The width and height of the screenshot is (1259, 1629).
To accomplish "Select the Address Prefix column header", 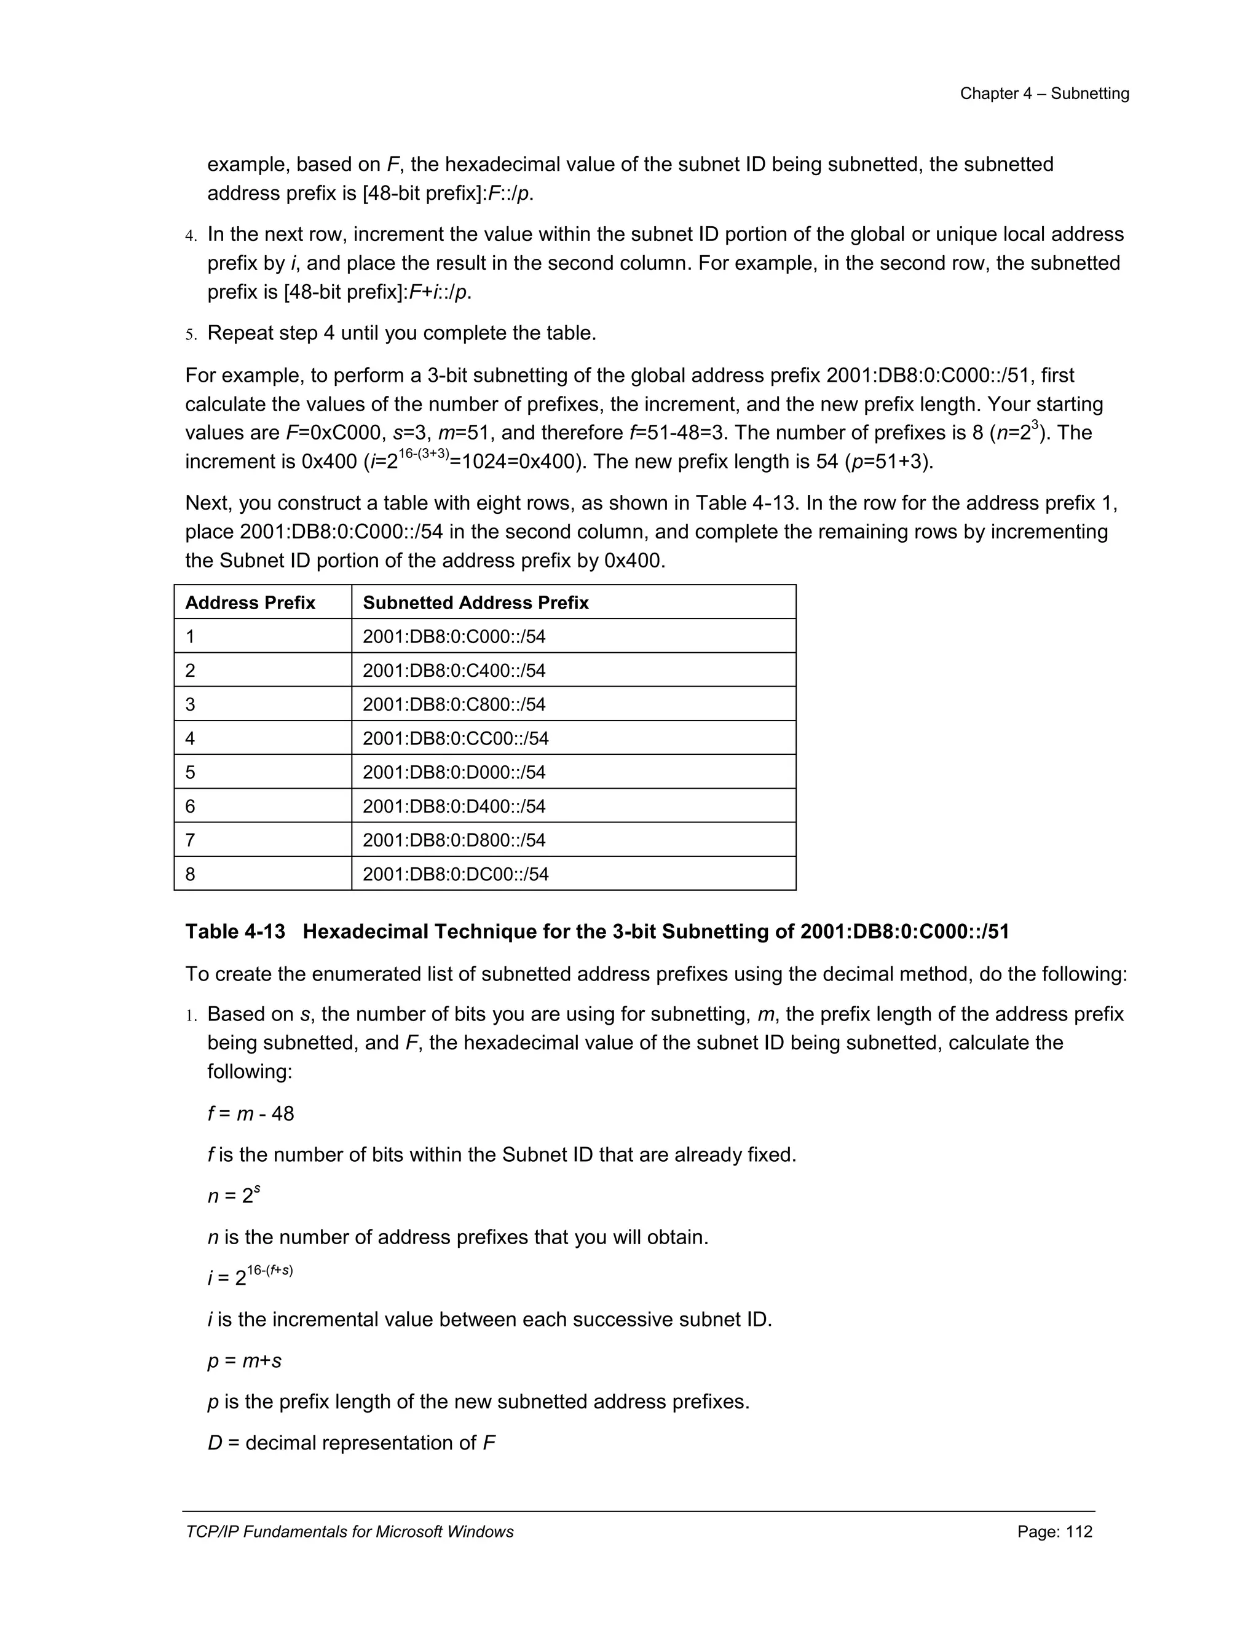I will pyautogui.click(x=250, y=602).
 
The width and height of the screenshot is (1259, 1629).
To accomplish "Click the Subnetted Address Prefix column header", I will pyautogui.click(x=475, y=602).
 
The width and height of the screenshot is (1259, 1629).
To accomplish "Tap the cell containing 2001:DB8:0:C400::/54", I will pyautogui.click(x=454, y=671).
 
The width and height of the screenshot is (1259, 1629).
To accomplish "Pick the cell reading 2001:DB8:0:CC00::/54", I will pyautogui.click(x=455, y=738).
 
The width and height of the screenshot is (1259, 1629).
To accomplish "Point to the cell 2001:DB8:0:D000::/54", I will pyautogui.click(x=454, y=772).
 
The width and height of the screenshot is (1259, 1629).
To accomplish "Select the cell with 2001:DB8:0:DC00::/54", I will pyautogui.click(x=455, y=874).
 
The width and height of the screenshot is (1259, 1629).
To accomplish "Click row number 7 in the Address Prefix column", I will pyautogui.click(x=190, y=840).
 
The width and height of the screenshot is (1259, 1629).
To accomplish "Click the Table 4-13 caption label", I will pyautogui.click(x=235, y=931).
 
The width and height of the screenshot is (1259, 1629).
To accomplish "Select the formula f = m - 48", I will pyautogui.click(x=251, y=1114).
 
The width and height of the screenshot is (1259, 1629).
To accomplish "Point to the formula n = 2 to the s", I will pyautogui.click(x=234, y=1195).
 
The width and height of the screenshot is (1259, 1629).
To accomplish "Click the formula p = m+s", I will pyautogui.click(x=244, y=1360).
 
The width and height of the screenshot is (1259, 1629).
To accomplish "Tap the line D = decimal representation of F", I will pyautogui.click(x=350, y=1443).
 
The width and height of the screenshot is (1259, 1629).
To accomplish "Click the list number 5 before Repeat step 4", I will pyautogui.click(x=190, y=334).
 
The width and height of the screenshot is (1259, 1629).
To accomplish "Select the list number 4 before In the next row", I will pyautogui.click(x=190, y=235).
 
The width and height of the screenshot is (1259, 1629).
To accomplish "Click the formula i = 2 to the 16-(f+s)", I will pyautogui.click(x=250, y=1276).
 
